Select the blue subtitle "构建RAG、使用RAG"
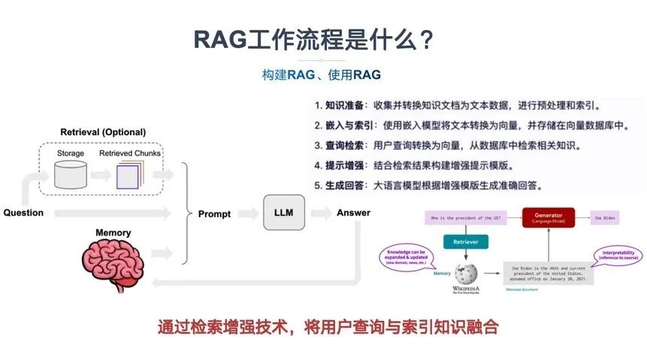[x=321, y=75]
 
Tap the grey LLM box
[x=283, y=213]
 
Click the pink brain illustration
[x=113, y=260]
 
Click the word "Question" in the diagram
[x=23, y=213]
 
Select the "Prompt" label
[x=214, y=213]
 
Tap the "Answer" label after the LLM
[x=353, y=213]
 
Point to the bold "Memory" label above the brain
[x=113, y=233]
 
